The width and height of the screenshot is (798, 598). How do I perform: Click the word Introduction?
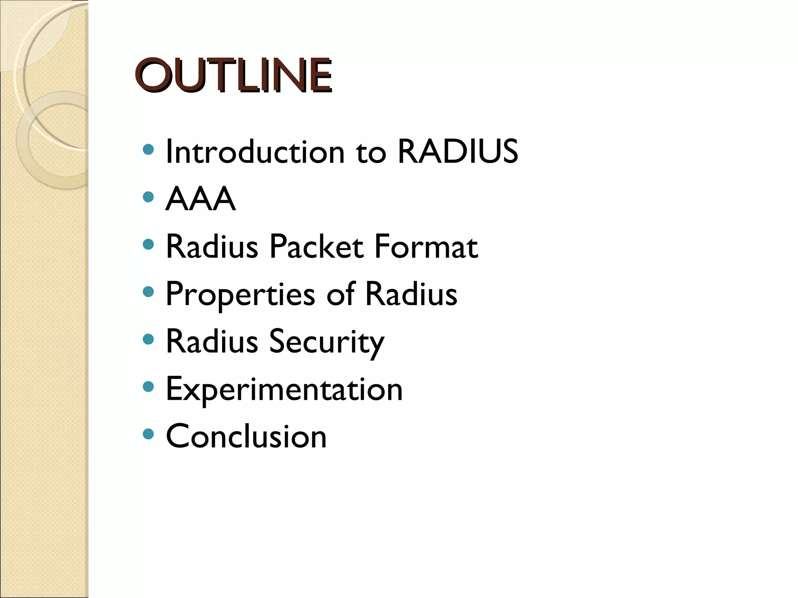[x=255, y=151]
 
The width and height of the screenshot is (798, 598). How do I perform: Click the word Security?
[x=327, y=342]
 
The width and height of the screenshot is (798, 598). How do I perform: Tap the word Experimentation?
[x=284, y=389]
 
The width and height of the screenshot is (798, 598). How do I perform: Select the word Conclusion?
[x=246, y=436]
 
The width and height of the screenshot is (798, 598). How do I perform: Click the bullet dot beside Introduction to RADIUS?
[x=148, y=149]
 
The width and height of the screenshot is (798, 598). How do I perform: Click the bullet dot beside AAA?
[x=148, y=197]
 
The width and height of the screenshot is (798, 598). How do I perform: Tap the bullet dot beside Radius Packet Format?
[x=148, y=244]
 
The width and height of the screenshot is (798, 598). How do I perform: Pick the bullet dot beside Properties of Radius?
[x=148, y=292]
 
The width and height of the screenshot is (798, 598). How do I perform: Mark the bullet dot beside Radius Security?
[x=148, y=339]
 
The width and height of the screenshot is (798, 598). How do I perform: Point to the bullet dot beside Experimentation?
[x=148, y=387]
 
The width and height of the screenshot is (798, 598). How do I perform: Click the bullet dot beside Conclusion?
[x=148, y=434]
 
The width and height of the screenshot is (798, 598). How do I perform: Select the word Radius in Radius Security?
[x=212, y=341]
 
